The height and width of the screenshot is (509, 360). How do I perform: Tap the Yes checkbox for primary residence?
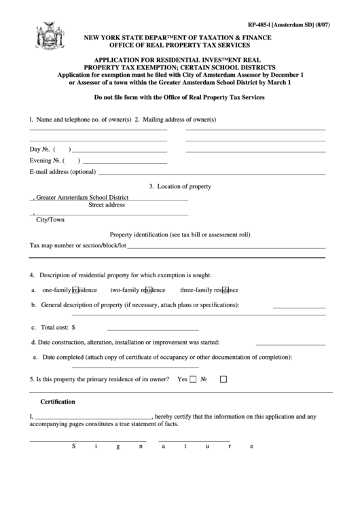[193, 381]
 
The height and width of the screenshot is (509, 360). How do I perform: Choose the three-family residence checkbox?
[226, 290]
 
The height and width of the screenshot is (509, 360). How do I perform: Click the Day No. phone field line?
[119, 150]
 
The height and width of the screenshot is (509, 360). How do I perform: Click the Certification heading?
[58, 402]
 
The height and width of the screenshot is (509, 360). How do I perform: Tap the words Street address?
[107, 205]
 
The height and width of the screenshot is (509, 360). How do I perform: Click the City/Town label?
[50, 220]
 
